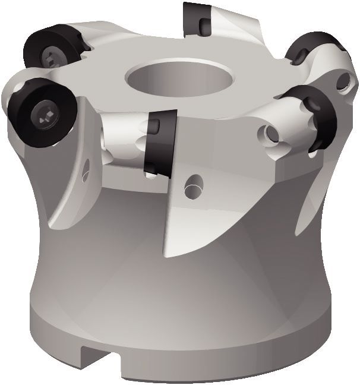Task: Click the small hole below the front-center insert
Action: tap(192, 185)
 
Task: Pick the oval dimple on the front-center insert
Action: tap(153, 127)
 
